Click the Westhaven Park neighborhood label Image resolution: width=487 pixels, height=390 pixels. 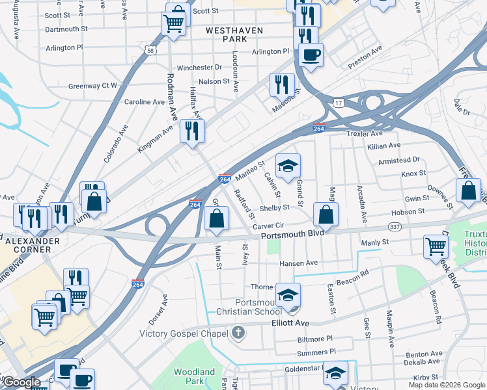(x=228, y=34)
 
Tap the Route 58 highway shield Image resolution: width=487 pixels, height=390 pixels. (x=150, y=50)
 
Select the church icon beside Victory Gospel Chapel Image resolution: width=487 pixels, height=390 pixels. (x=238, y=333)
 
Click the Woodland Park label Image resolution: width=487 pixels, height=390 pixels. (x=194, y=376)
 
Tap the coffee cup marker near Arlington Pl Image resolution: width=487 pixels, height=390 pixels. (x=311, y=53)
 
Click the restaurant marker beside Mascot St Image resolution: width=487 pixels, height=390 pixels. (x=282, y=84)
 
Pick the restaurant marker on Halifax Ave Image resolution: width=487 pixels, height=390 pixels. (x=192, y=130)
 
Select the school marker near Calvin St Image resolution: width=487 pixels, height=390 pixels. (x=287, y=165)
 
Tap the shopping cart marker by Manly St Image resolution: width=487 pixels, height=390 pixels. (x=436, y=246)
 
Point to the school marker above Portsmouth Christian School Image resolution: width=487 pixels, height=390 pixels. (x=288, y=294)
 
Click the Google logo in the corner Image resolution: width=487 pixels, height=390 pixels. (x=22, y=383)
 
